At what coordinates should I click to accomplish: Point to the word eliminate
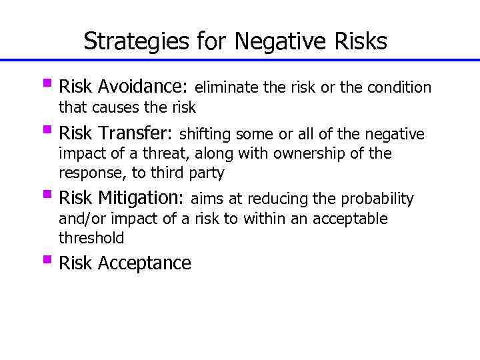point(227,87)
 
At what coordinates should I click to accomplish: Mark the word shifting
point(207,134)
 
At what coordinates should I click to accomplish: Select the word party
point(207,174)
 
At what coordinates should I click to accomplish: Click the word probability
point(378,199)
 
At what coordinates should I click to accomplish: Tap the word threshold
point(91,238)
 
